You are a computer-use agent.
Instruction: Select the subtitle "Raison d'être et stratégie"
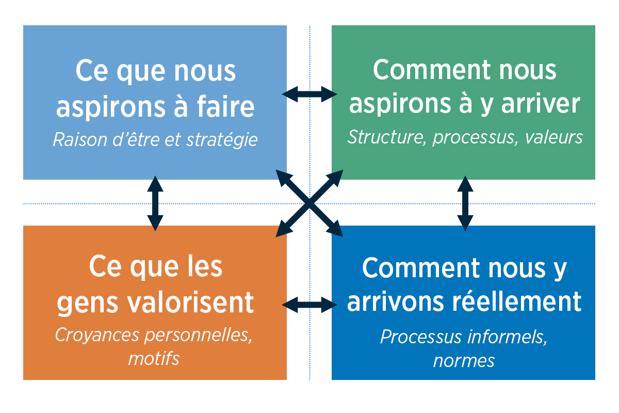point(155,140)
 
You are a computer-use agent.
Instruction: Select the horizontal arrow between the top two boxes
point(309,94)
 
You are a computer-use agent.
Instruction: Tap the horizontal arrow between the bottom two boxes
point(309,304)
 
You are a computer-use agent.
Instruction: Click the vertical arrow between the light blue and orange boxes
point(155,202)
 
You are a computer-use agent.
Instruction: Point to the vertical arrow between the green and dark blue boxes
point(465,202)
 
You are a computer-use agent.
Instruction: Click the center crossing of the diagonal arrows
point(308,203)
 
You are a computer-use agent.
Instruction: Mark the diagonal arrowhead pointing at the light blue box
point(282,175)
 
